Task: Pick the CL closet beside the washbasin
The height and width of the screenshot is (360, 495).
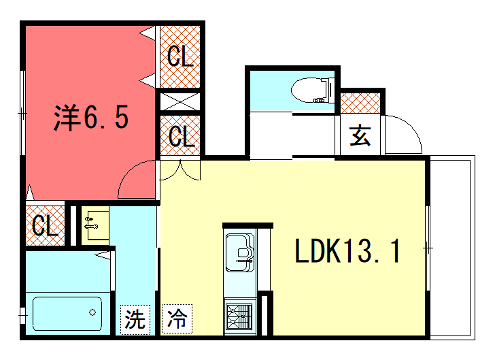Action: click(x=43, y=225)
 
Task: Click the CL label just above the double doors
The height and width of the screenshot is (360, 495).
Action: click(x=181, y=135)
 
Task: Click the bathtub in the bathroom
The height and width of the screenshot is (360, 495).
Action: click(x=66, y=313)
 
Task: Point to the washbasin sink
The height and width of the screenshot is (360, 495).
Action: click(x=94, y=223)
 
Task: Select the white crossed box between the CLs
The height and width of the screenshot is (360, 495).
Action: click(x=180, y=102)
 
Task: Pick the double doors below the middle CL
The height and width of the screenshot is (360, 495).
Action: click(x=180, y=169)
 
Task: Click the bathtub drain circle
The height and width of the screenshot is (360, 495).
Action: click(x=93, y=313)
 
